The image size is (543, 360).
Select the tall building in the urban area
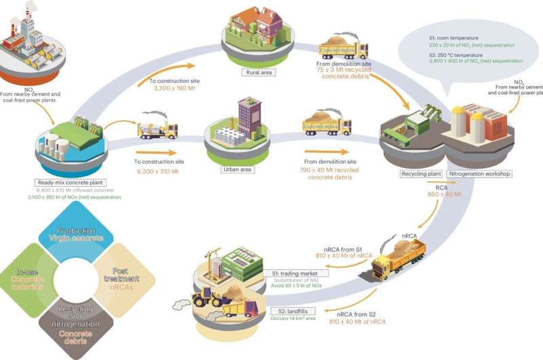(x=248, y=118)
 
